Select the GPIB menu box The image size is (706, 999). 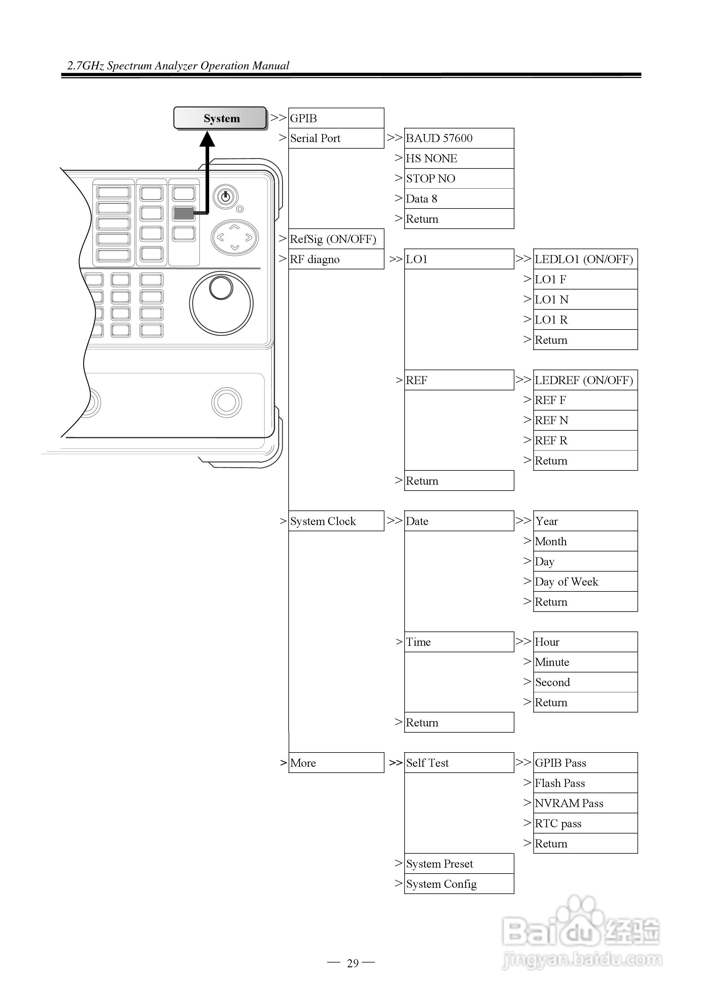335,118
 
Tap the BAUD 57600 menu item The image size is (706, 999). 459,138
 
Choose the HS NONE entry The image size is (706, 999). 459,158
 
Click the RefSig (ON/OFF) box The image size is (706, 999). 335,239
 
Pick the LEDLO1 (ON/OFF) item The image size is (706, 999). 585,259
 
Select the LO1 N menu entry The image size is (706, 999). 585,299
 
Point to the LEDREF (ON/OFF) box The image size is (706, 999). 585,380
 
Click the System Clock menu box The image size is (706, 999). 335,521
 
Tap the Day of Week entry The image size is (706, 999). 585,581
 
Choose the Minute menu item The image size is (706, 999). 585,662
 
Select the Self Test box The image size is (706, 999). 459,763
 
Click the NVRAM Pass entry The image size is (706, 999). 585,803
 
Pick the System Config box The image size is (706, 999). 459,884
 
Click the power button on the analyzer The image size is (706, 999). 225,197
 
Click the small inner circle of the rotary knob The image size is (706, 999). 221,288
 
